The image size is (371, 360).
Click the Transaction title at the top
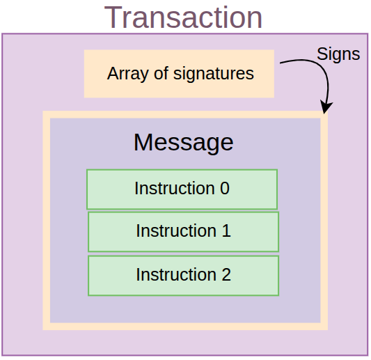point(184,17)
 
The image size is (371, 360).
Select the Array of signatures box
point(179,73)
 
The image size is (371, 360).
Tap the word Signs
point(338,54)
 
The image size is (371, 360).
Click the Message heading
point(183,142)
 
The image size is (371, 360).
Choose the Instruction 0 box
point(182,189)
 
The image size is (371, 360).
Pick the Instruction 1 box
point(183,231)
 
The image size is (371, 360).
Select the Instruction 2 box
point(183,275)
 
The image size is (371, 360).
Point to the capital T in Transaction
point(113,17)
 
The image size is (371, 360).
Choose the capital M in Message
point(143,142)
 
